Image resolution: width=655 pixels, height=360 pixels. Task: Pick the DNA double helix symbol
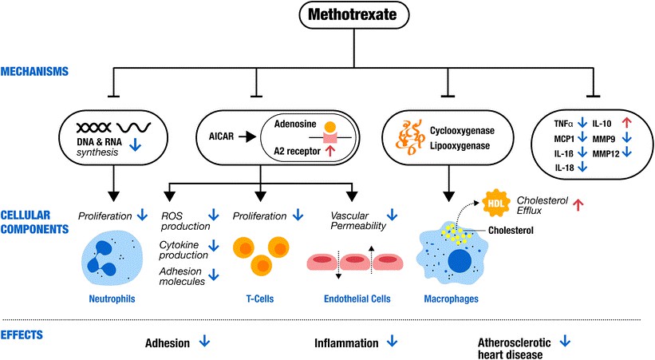93,128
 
